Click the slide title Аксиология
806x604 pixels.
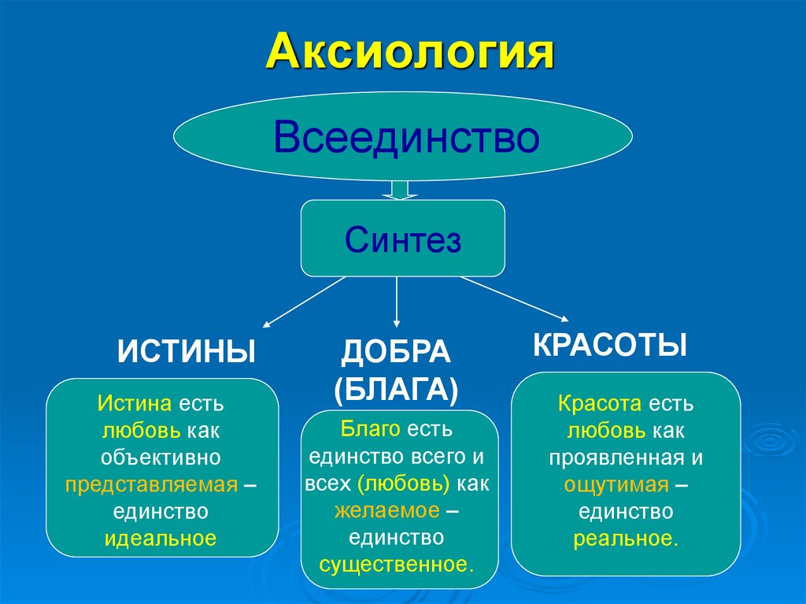click(x=409, y=54)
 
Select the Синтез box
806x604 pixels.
click(x=402, y=239)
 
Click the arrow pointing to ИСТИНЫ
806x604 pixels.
click(x=303, y=301)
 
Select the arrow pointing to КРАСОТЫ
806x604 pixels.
click(x=515, y=298)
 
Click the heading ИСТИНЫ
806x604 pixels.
click(x=187, y=351)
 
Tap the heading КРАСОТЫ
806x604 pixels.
click(x=610, y=345)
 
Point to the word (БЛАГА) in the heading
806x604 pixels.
click(x=395, y=389)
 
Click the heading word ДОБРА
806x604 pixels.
click(x=395, y=353)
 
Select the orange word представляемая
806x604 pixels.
click(x=151, y=484)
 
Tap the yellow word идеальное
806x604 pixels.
click(x=161, y=539)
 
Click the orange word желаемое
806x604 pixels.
click(x=386, y=510)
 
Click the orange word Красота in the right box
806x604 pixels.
click(x=601, y=404)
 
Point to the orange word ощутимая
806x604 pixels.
click(x=616, y=484)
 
